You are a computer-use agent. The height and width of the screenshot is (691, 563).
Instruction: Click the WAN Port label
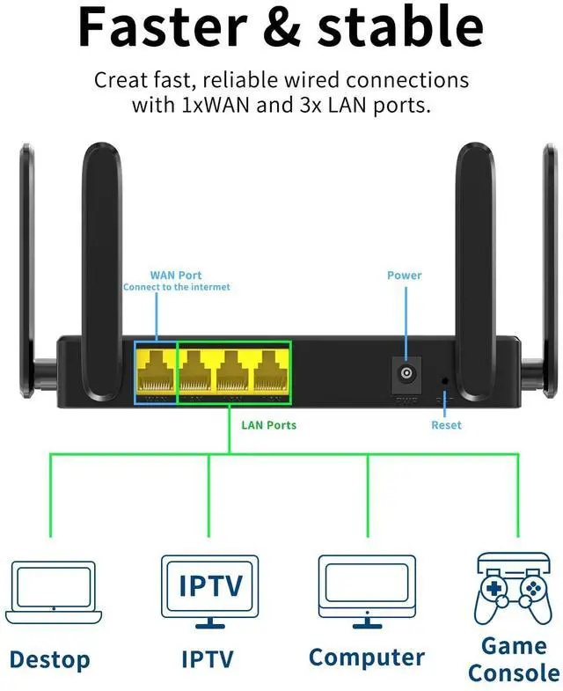[x=176, y=276]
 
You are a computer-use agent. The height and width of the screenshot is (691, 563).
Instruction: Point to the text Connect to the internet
[x=176, y=287]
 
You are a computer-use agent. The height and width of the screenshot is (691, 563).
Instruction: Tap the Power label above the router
[x=405, y=276]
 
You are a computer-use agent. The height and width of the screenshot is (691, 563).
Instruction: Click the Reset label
[x=446, y=425]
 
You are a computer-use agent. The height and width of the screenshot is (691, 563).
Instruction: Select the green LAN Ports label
[x=269, y=425]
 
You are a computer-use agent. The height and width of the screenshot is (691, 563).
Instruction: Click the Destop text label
[x=50, y=659]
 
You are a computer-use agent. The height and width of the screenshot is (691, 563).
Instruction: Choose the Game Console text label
[x=514, y=659]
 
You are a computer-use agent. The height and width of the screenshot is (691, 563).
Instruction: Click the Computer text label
[x=367, y=657]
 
